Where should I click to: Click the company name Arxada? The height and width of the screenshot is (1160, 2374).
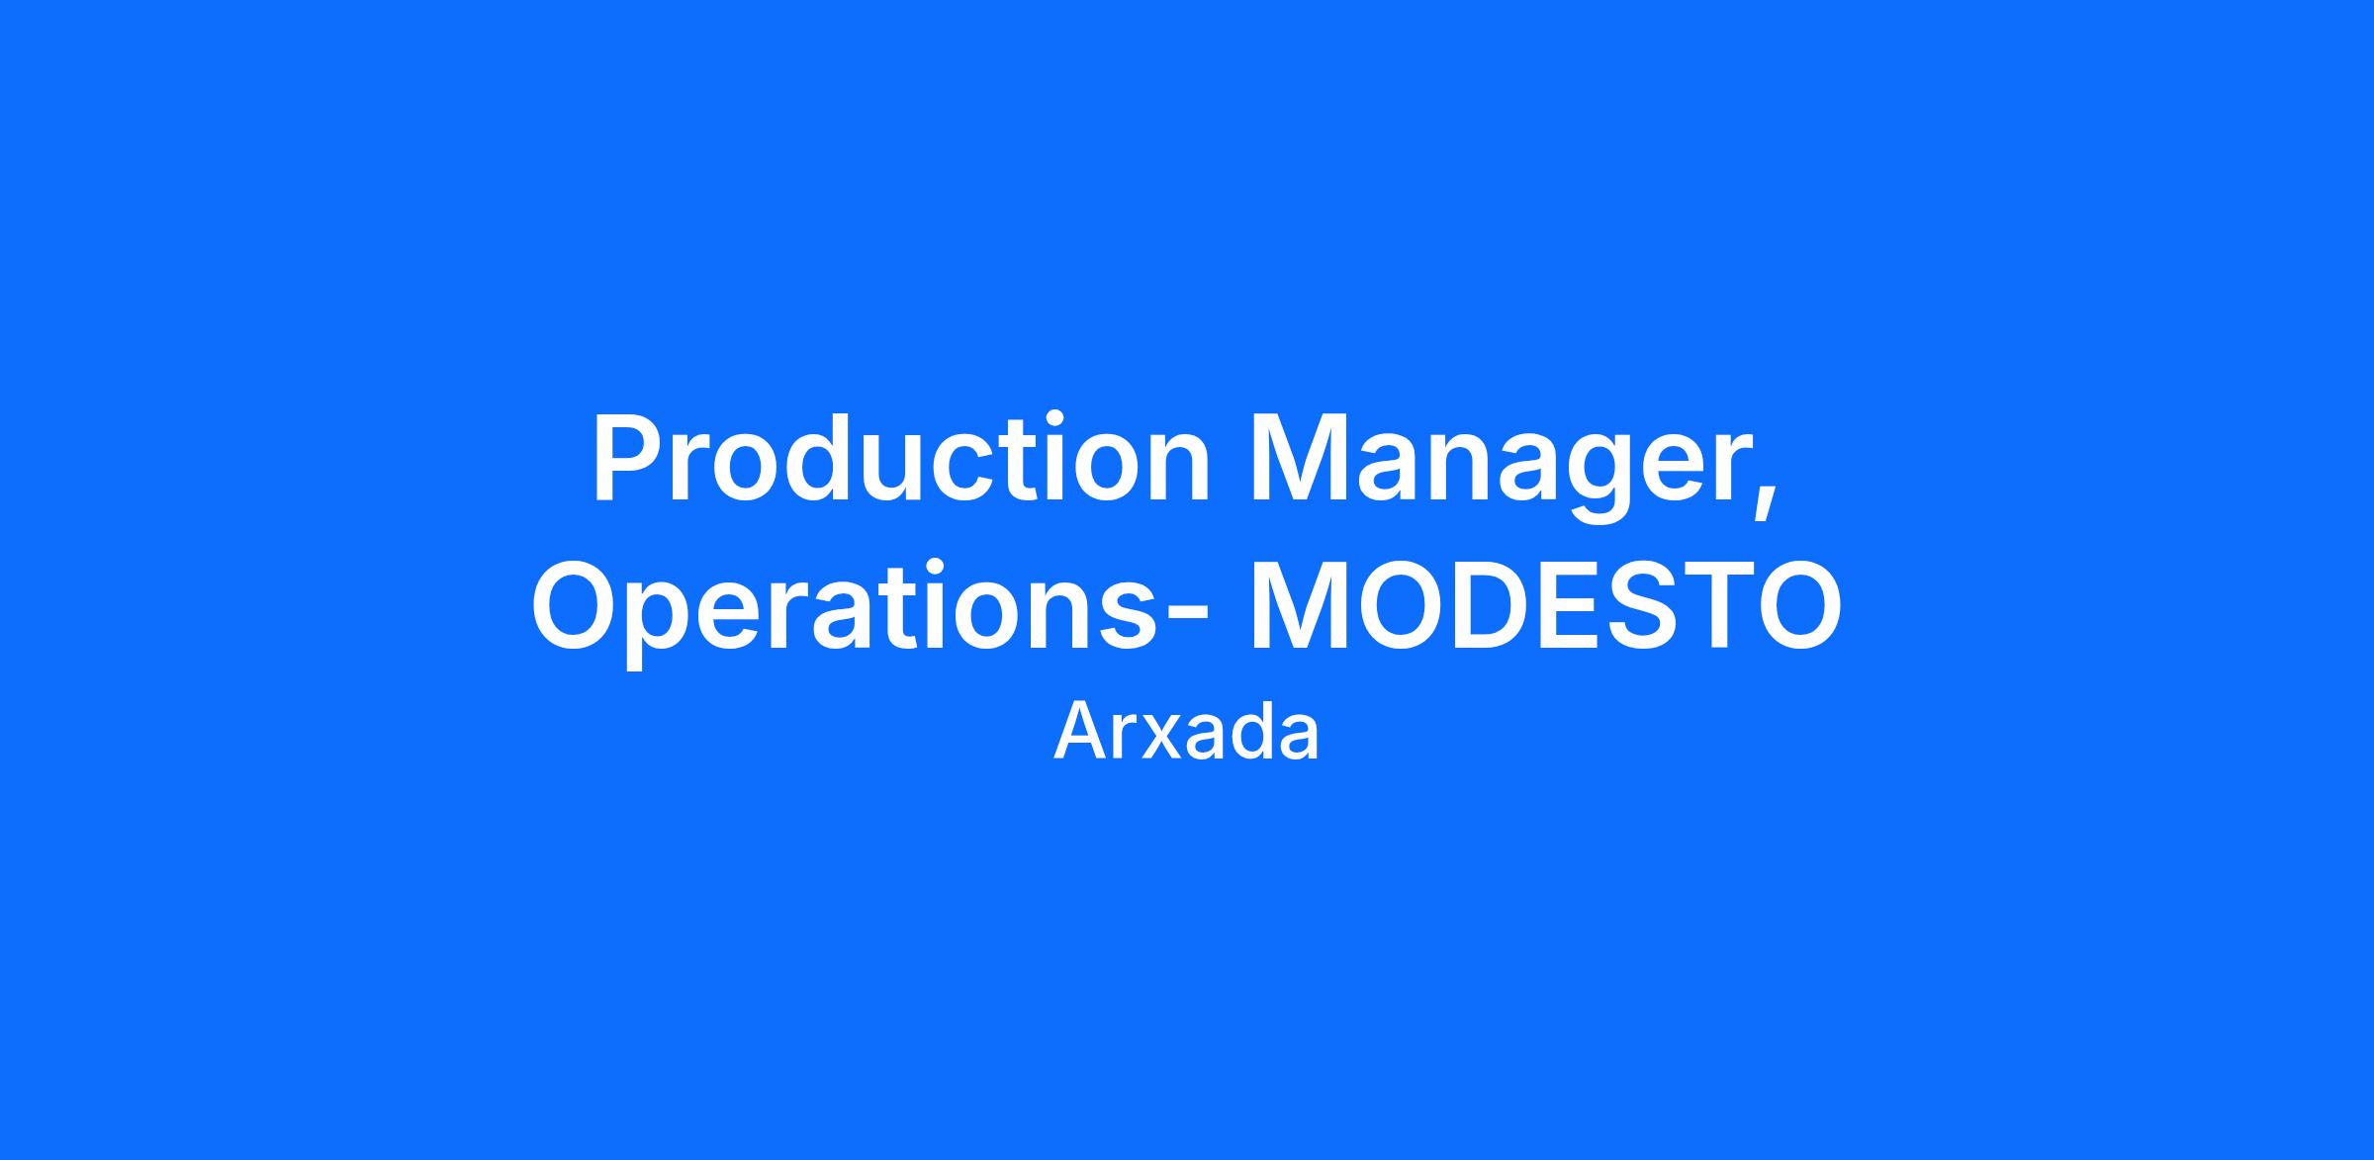tap(1186, 733)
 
